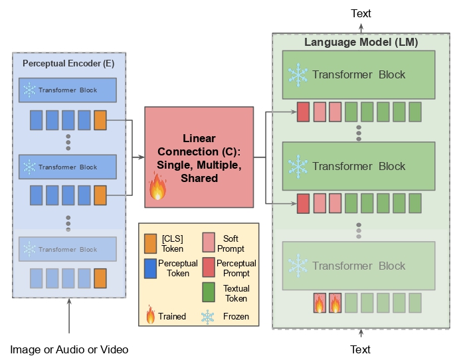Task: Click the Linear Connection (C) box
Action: coord(199,157)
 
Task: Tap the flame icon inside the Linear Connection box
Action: coord(157,187)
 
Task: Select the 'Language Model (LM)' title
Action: coord(361,42)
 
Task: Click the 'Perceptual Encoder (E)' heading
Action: coord(68,63)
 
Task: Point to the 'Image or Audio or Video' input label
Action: coord(69,349)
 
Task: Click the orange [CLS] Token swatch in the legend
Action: coord(150,244)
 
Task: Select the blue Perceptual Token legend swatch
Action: coord(150,268)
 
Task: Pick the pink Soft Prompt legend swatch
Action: coord(209,242)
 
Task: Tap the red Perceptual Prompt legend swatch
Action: coord(209,267)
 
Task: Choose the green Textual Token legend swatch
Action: coord(209,292)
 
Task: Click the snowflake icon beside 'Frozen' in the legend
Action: coord(207,317)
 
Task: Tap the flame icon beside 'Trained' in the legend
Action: coord(151,315)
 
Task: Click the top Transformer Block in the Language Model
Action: coord(359,75)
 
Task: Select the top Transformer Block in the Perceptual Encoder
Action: coord(68,90)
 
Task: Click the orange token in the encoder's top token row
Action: coord(100,120)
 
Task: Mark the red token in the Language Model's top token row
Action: coord(304,112)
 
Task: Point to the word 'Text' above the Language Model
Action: coord(361,13)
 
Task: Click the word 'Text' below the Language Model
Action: coord(360,349)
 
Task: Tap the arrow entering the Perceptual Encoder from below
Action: coord(69,315)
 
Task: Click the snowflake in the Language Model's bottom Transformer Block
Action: coord(298,266)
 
